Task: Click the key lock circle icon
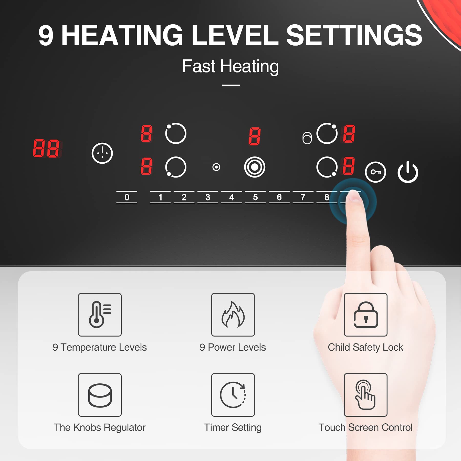[375, 172]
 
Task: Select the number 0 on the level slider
[127, 197]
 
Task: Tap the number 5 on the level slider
[255, 197]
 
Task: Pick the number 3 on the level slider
[208, 197]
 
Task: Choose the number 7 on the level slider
[303, 197]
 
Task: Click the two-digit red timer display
[47, 148]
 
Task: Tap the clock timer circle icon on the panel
[102, 153]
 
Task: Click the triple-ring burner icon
[255, 167]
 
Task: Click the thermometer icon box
[100, 315]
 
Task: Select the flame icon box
[233, 315]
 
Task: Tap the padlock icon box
[366, 315]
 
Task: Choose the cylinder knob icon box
[100, 395]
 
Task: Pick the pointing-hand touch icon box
[366, 395]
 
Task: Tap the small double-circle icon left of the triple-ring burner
[216, 167]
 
